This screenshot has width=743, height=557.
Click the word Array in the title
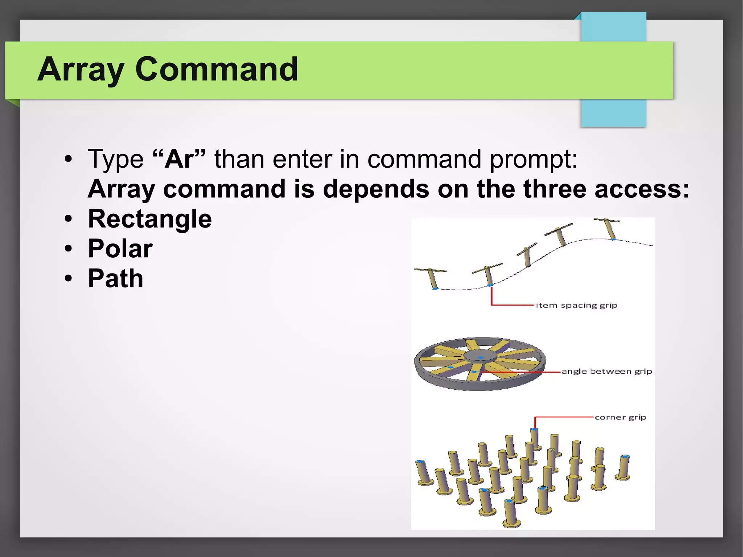(x=81, y=70)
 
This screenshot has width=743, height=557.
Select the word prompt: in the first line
(x=533, y=160)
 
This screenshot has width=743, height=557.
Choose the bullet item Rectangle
(x=150, y=219)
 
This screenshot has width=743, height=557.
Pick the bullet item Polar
(x=120, y=249)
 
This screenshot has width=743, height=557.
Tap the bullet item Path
(x=115, y=279)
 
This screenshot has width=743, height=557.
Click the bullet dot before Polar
(x=68, y=249)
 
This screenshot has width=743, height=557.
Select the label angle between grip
(x=607, y=371)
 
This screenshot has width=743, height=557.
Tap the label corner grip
(x=620, y=417)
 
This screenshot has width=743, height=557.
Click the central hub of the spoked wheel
(x=480, y=357)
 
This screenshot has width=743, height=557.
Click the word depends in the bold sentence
(x=376, y=189)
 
